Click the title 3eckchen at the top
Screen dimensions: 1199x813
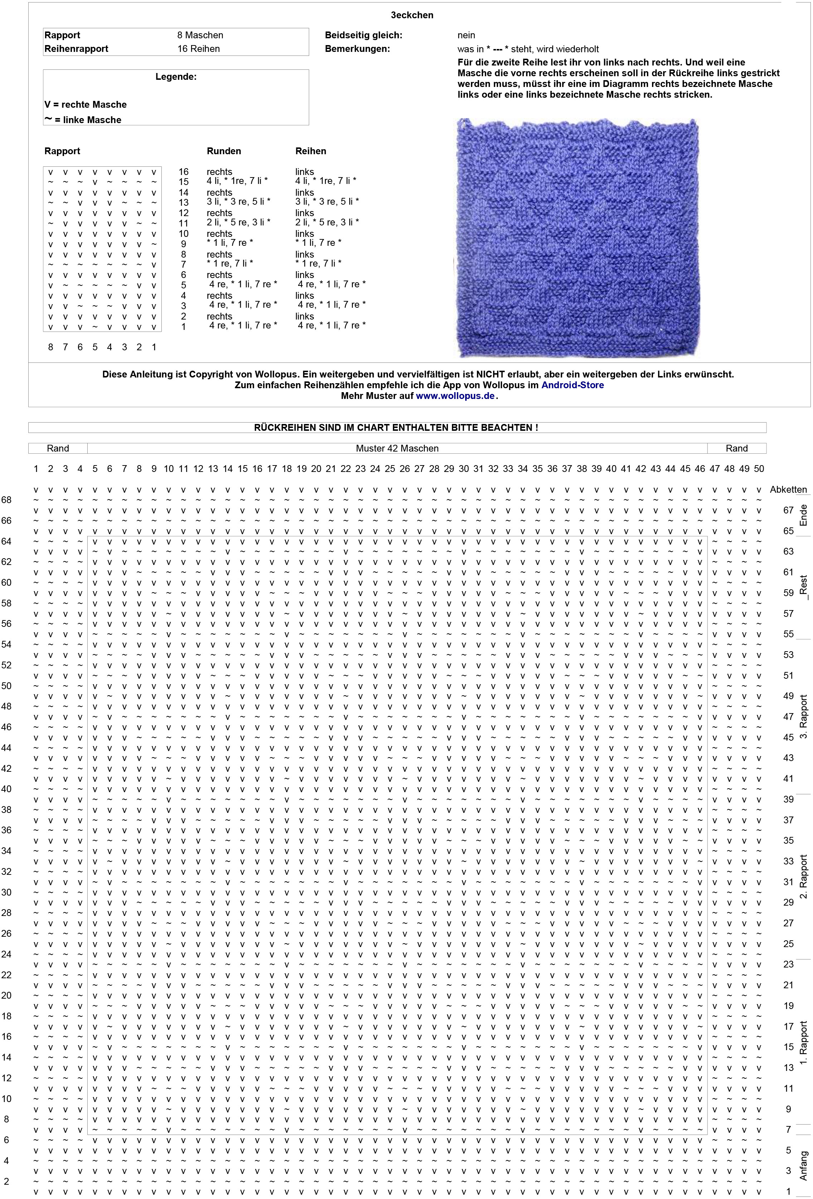[x=412, y=15]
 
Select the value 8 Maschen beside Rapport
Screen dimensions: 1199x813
[x=200, y=35]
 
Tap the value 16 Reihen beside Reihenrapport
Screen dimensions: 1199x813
[x=198, y=49]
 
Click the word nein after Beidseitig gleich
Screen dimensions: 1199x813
[x=466, y=35]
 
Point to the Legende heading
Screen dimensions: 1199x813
[x=176, y=77]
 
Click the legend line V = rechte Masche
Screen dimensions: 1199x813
[x=86, y=104]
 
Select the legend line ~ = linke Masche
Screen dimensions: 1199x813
[x=83, y=120]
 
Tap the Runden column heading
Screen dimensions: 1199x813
[x=224, y=151]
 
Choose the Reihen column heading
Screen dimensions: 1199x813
[x=311, y=151]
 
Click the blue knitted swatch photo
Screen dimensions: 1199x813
[x=578, y=237]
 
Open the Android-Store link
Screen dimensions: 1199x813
[x=572, y=385]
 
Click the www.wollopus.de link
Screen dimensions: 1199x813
[x=455, y=396]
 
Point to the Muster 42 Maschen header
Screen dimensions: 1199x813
[x=397, y=448]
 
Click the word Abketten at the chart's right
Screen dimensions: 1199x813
[x=788, y=489]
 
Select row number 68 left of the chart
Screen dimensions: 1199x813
[x=6, y=499]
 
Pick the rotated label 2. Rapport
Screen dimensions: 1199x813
[x=803, y=877]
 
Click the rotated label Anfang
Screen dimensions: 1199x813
[x=803, y=1166]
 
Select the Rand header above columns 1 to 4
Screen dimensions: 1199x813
[x=58, y=448]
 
